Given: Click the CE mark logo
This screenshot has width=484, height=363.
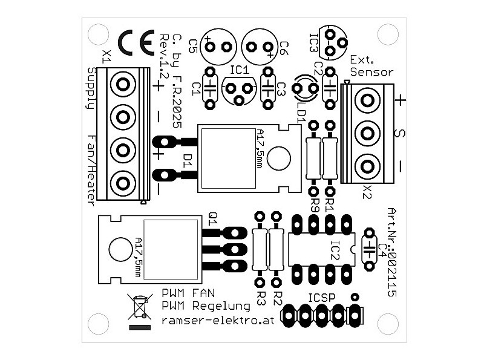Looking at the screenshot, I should (x=138, y=44).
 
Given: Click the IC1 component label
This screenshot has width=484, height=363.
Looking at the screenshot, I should (x=240, y=71).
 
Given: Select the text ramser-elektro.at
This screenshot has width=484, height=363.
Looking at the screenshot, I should (x=218, y=321).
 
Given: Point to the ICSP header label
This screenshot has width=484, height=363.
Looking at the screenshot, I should (x=322, y=298).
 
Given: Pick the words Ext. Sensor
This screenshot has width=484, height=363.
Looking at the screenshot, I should (x=370, y=65).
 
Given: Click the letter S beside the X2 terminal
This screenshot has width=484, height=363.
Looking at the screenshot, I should (x=398, y=132).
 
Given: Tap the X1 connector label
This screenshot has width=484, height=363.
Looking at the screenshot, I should (x=106, y=57).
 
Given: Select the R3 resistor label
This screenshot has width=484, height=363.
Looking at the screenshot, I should (x=261, y=297).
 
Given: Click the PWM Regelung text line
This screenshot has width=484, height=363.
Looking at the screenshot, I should (x=206, y=306).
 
